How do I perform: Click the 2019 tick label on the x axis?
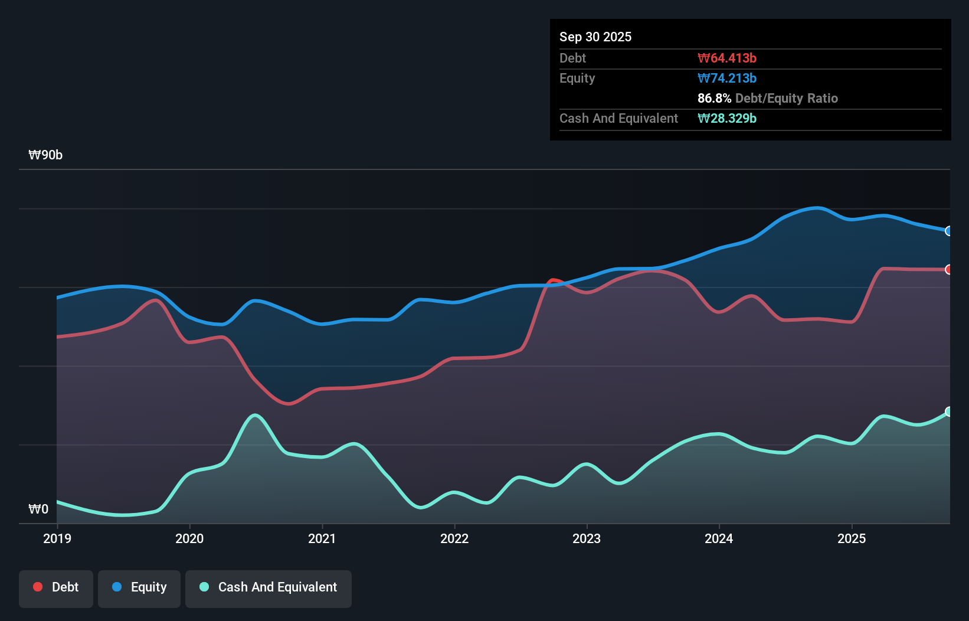click(x=57, y=538)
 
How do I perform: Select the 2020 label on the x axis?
click(x=189, y=538)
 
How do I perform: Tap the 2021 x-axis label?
click(x=322, y=538)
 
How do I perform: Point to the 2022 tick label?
click(x=454, y=538)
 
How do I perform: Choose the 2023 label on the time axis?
click(x=587, y=538)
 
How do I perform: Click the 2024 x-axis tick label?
click(x=719, y=538)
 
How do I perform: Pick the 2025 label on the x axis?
click(x=852, y=538)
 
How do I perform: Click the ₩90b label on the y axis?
click(x=45, y=155)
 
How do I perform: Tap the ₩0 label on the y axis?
click(x=38, y=509)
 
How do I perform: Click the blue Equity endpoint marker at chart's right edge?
click(x=949, y=231)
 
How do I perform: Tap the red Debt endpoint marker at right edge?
click(x=949, y=270)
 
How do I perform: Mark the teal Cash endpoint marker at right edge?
click(x=949, y=411)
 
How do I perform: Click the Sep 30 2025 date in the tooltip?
click(x=595, y=37)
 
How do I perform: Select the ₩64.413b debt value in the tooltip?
click(x=726, y=58)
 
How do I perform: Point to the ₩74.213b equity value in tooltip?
click(x=726, y=78)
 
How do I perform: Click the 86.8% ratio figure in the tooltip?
click(x=714, y=98)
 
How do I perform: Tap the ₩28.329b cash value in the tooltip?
click(x=726, y=118)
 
